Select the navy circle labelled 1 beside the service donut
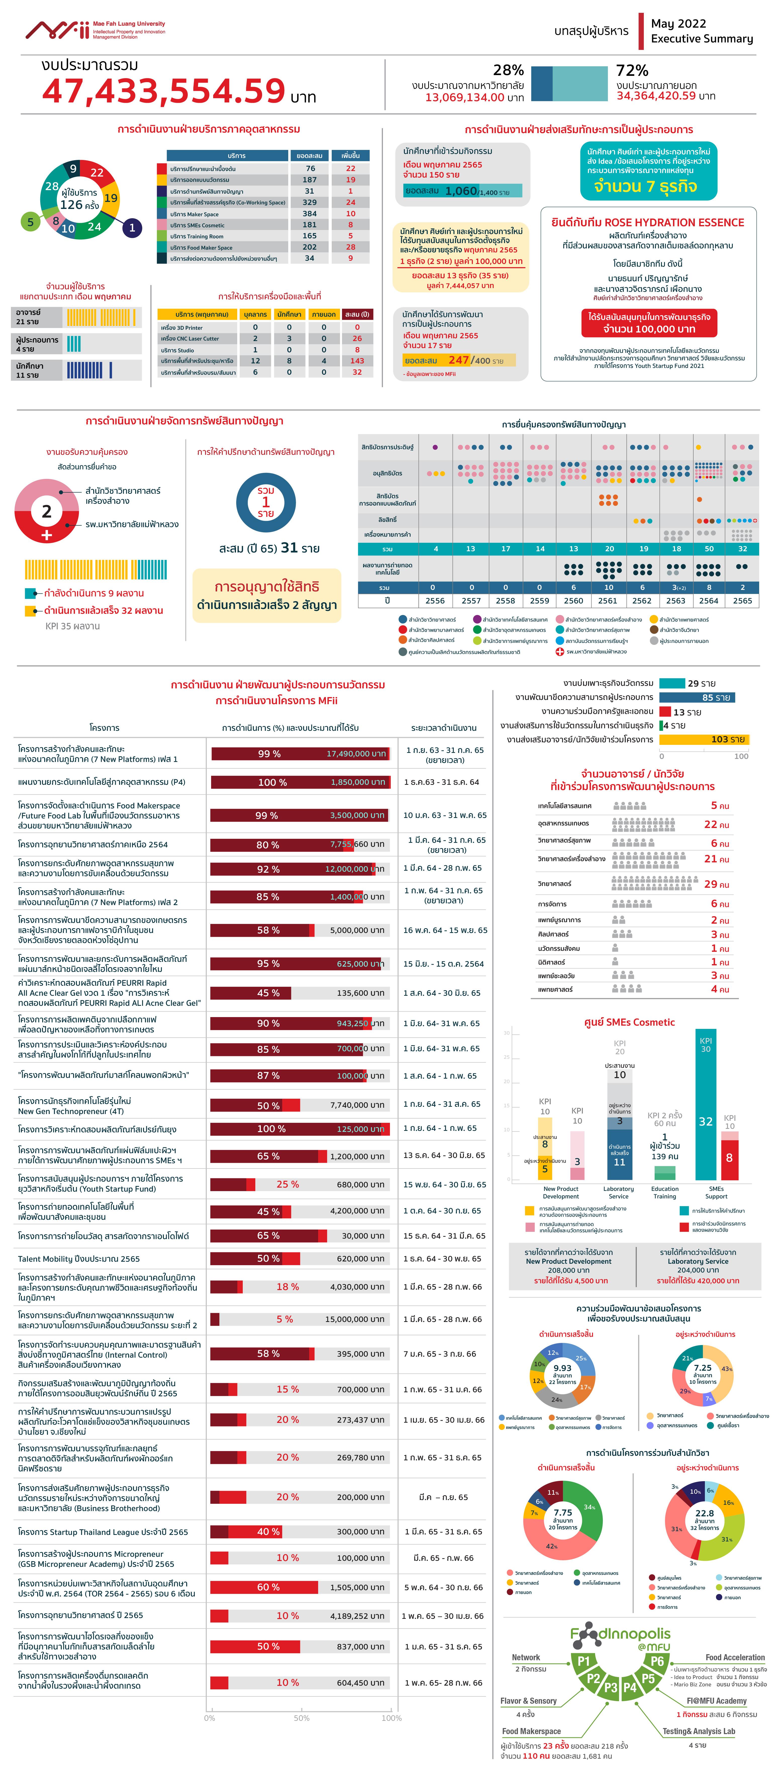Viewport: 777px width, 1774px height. (132, 227)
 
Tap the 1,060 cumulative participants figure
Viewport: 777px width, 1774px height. (461, 191)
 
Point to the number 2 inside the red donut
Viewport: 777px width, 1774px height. (46, 511)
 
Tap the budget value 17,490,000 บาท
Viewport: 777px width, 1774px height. (355, 753)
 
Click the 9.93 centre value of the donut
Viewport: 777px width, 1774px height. (562, 1368)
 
